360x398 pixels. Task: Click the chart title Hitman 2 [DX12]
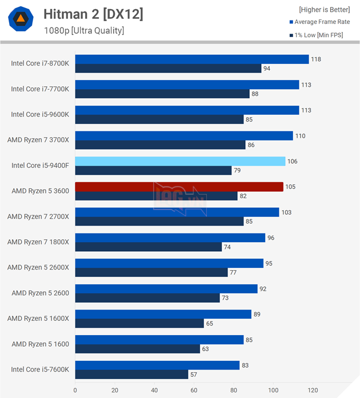click(93, 14)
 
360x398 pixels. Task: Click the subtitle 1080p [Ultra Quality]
click(83, 31)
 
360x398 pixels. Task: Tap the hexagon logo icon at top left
click(20, 20)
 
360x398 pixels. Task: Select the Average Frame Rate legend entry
click(322, 22)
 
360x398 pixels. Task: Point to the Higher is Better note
click(324, 10)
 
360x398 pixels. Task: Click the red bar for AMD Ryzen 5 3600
click(179, 187)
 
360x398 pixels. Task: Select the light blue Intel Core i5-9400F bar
click(180, 161)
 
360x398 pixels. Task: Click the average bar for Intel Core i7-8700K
click(191, 59)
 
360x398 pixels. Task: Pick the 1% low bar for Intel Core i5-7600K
click(131, 375)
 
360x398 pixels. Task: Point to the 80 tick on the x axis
click(234, 391)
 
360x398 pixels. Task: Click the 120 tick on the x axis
click(313, 391)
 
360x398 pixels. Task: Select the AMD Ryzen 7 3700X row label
click(38, 140)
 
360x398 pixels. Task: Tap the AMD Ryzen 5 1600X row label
click(38, 318)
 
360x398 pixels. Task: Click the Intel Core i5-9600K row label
click(40, 114)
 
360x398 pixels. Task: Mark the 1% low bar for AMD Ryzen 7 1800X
click(148, 247)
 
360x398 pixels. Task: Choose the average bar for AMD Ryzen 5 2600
click(166, 289)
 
